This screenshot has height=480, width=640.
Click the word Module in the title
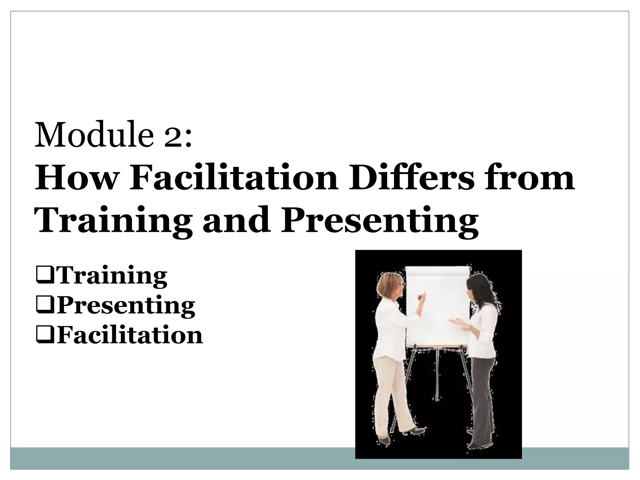coord(94,135)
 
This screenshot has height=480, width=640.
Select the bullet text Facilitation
coord(130,335)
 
